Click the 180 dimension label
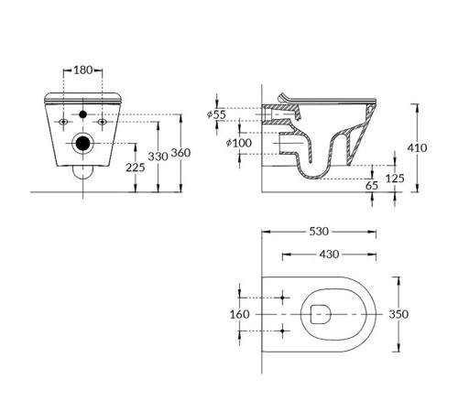click(83, 70)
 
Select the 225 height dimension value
click(136, 168)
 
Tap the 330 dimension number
click(158, 157)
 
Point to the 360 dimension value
click(180, 153)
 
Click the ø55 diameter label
click(216, 114)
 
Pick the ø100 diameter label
click(239, 143)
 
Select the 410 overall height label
click(417, 148)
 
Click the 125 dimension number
click(395, 179)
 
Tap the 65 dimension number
click(372, 185)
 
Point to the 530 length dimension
click(319, 232)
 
